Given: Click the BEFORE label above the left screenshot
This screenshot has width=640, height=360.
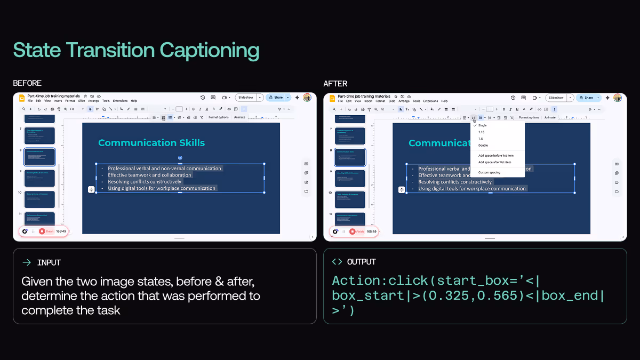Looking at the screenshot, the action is (27, 83).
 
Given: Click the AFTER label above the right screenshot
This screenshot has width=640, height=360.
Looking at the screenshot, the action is (335, 83).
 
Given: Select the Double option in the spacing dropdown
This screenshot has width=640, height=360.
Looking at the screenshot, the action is (483, 145).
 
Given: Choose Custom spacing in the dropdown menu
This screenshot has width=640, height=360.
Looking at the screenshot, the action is (489, 172).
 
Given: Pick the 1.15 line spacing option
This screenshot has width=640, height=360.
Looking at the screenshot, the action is (482, 132).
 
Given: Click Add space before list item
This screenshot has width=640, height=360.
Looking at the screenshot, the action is (495, 155).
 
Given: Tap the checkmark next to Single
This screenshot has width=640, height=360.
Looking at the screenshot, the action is (475, 125).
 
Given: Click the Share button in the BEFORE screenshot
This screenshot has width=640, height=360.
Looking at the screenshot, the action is (278, 98).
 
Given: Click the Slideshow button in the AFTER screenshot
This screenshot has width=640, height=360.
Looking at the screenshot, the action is (556, 98).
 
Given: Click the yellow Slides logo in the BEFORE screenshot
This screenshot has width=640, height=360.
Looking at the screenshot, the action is (22, 98).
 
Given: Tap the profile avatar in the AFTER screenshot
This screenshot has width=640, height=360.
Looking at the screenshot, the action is (618, 98).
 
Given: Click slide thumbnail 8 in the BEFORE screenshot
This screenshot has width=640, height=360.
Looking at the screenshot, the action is (39, 157).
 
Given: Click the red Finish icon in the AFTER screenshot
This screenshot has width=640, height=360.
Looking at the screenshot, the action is (353, 231).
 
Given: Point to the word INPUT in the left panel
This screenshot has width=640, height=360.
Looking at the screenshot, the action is (49, 262).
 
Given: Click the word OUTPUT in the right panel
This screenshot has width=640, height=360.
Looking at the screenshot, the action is (362, 262).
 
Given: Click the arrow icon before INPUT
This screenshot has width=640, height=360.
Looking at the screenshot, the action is (27, 262).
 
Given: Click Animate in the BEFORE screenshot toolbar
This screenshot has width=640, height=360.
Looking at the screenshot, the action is (239, 117).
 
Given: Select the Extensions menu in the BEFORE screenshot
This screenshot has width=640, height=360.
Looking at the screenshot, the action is (120, 101).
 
